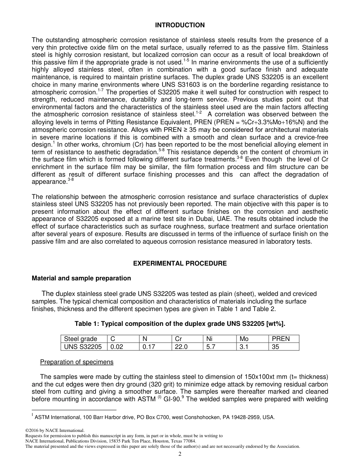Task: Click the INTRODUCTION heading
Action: point(180,25)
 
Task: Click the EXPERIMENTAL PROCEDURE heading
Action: point(180,263)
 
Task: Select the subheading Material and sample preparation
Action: point(81,278)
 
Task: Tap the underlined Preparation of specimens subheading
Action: point(77,362)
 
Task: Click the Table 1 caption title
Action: point(180,324)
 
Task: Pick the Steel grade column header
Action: point(80,339)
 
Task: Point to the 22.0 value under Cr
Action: point(181,347)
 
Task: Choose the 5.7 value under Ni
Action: point(211,347)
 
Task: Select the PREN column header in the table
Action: point(280,339)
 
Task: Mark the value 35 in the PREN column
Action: point(275,347)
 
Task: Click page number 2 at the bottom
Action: point(180,454)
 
